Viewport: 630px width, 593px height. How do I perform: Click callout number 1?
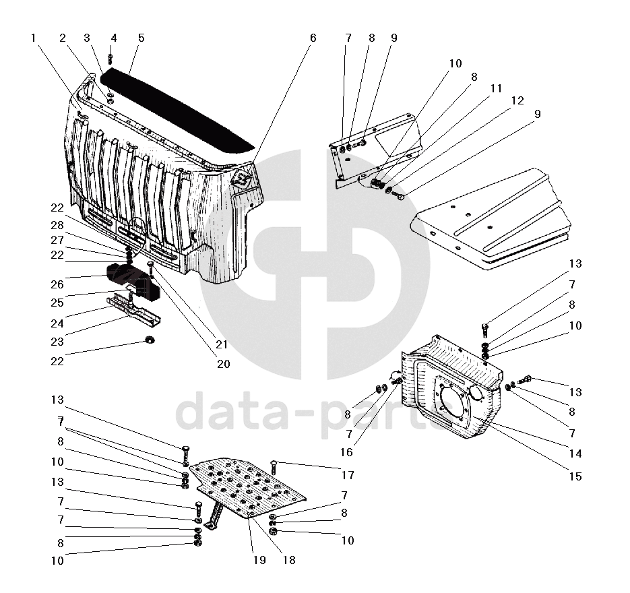33,38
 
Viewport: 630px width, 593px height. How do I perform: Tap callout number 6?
313,38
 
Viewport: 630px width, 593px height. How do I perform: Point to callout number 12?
517,100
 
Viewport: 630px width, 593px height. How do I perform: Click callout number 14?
575,454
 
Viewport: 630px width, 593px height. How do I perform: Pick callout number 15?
575,476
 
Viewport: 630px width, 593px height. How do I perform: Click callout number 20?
223,364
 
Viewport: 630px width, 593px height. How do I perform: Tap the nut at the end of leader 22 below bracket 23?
149,339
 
